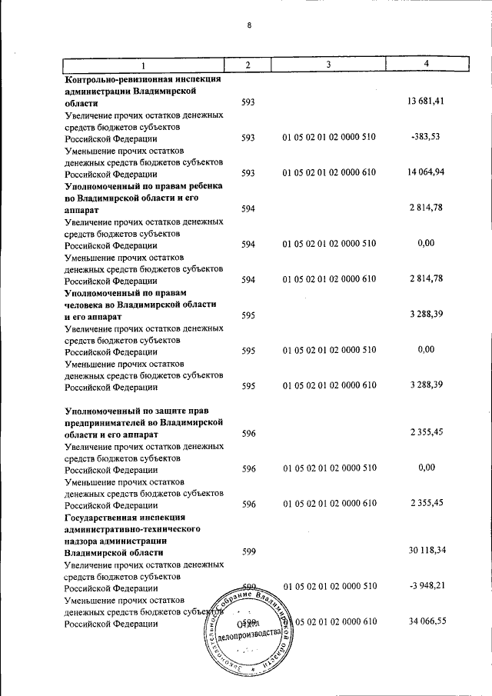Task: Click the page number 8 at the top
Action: click(x=249, y=25)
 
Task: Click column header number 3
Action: click(x=327, y=65)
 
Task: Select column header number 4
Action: click(x=427, y=65)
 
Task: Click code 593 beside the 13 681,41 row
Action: click(x=248, y=102)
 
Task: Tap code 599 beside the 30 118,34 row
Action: click(x=248, y=551)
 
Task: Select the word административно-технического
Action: click(x=133, y=529)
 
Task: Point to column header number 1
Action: click(x=143, y=65)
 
